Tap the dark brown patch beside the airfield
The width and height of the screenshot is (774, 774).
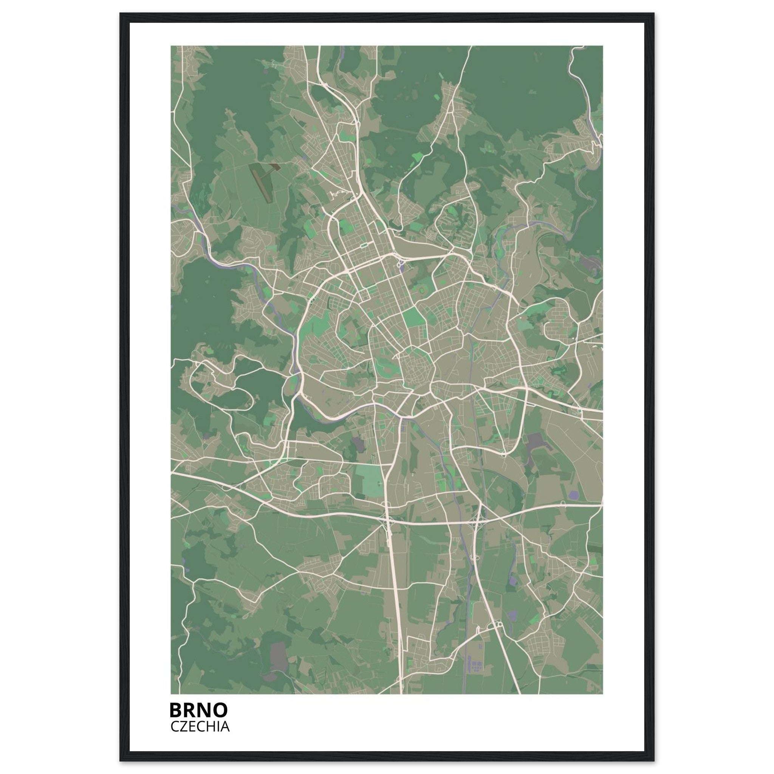pyautogui.click(x=275, y=167)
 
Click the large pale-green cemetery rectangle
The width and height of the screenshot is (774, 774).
pyautogui.click(x=369, y=480)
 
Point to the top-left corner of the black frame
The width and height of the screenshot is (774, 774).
pyautogui.click(x=121, y=14)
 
